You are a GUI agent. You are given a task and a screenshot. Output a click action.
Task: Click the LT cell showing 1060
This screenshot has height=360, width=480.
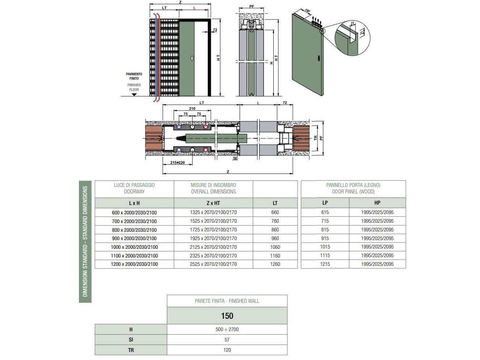coord(275,247)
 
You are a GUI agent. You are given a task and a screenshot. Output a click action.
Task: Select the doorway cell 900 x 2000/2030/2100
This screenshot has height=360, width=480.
coord(134,238)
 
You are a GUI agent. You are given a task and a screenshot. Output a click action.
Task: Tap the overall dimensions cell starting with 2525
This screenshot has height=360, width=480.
coord(213,264)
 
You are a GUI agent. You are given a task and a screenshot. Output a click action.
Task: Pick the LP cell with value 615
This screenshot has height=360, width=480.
coord(325,212)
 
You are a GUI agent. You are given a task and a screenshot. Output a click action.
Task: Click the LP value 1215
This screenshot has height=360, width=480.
coord(325,264)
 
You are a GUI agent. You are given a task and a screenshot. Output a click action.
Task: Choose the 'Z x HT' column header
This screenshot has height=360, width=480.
coord(213,203)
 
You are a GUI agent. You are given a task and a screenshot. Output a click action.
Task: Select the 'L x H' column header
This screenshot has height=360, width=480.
coord(134,203)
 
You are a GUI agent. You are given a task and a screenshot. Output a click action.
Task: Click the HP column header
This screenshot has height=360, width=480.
coord(377,203)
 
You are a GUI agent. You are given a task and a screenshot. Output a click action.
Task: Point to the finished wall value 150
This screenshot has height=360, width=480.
coord(227,316)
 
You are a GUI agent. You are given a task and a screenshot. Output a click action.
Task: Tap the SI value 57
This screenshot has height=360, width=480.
coord(227,340)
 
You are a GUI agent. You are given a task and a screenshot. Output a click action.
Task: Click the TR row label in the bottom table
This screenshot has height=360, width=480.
coord(131,350)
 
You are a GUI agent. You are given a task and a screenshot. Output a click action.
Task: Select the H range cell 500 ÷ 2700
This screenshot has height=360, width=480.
coord(227,329)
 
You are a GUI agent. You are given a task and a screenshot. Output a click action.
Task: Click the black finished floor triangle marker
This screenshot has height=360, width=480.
coord(134,95)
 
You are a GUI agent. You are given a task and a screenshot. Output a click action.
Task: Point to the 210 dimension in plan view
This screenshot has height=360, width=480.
coord(192,109)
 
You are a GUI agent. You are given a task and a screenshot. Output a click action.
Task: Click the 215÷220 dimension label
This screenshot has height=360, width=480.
coord(177,163)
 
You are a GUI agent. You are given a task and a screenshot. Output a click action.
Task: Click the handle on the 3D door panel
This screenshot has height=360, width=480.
coord(318,58)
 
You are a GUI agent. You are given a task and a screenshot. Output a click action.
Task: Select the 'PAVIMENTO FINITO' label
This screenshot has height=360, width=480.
coord(134,76)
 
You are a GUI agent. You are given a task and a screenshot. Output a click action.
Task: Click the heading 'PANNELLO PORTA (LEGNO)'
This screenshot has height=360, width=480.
coord(353,185)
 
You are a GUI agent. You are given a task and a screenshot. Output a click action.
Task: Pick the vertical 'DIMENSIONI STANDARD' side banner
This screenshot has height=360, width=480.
coord(85,242)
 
